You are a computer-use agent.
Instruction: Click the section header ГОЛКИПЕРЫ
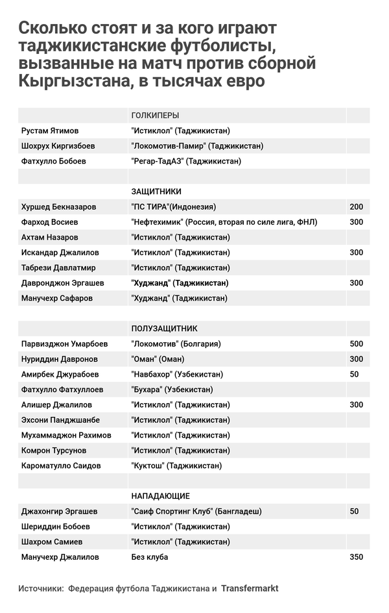(155, 115)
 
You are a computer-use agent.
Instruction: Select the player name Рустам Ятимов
(47, 131)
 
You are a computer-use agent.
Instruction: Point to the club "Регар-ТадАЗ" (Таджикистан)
(186, 161)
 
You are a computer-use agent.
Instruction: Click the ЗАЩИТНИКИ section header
(156, 192)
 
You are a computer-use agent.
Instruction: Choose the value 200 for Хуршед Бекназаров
(356, 207)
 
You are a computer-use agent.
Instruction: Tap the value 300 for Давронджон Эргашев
(356, 283)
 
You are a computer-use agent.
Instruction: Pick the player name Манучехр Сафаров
(56, 298)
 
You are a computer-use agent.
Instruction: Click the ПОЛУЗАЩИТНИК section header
(164, 329)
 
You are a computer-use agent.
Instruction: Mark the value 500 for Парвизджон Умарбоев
(356, 344)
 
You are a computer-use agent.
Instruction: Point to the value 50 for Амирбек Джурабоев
(354, 374)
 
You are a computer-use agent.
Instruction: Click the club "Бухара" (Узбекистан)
(172, 390)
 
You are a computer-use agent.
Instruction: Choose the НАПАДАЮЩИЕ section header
(160, 496)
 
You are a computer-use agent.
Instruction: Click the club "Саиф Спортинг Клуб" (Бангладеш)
(196, 511)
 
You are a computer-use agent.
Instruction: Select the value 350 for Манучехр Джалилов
(356, 557)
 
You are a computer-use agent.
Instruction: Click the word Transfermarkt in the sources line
(250, 588)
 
